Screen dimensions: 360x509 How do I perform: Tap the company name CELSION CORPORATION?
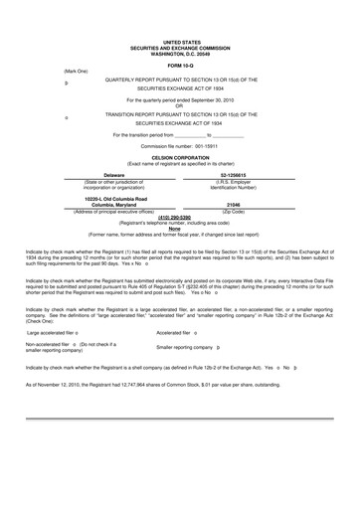(x=180, y=157)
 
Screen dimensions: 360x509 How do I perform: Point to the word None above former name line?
(x=180, y=228)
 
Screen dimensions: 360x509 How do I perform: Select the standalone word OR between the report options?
(x=180, y=106)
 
